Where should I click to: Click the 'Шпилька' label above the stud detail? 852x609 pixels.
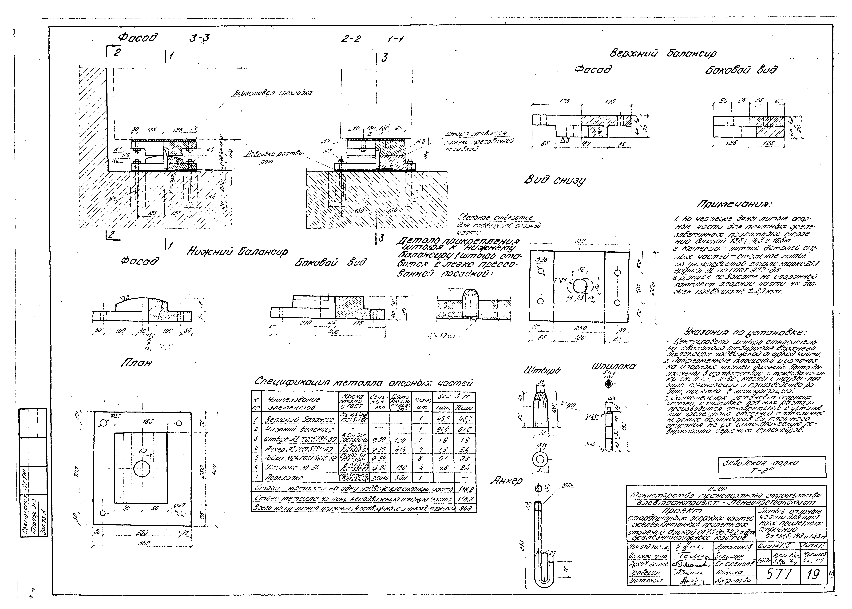(613, 366)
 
